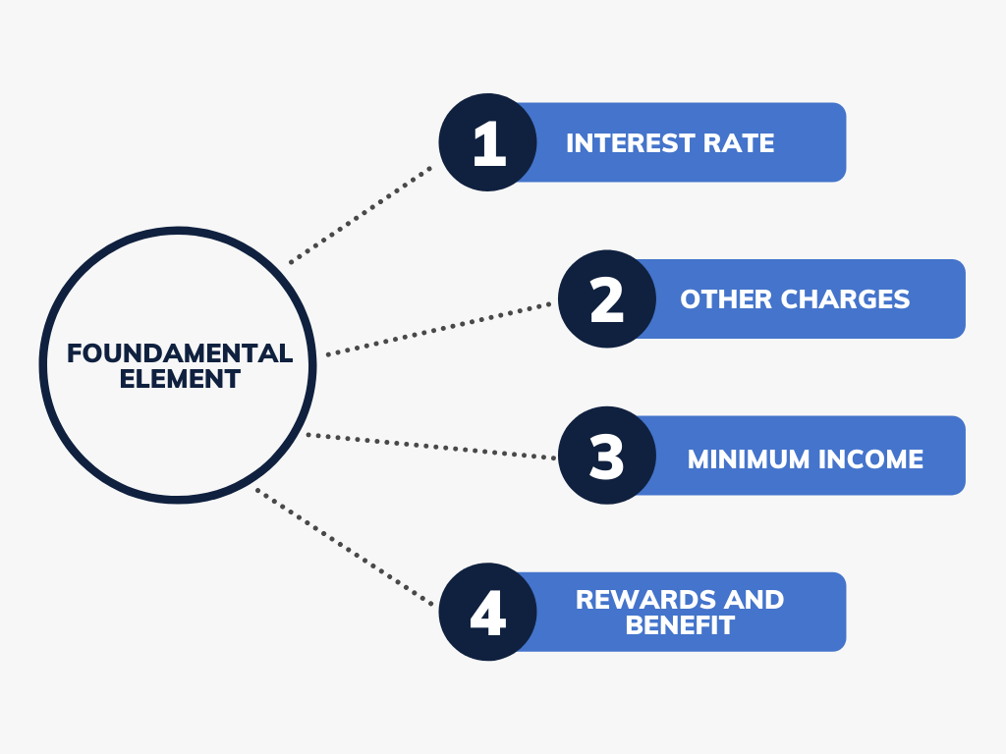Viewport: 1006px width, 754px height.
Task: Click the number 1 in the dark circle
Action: [489, 143]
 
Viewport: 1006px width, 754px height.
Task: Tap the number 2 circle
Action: [607, 298]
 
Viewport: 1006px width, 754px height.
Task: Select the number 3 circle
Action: [607, 456]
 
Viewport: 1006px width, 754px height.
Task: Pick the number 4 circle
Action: [487, 612]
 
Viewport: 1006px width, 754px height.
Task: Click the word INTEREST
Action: [630, 143]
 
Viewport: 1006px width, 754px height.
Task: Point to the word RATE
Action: [739, 143]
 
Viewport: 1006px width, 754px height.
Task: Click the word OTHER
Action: [726, 299]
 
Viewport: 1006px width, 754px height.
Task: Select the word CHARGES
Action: [846, 299]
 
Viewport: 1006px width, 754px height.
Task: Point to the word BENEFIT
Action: [680, 625]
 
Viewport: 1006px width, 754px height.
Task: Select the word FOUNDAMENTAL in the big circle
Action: [180, 353]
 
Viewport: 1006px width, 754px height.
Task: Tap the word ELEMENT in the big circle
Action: [180, 379]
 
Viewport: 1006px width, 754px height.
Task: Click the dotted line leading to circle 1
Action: [361, 215]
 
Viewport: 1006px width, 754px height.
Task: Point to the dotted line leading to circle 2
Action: [439, 329]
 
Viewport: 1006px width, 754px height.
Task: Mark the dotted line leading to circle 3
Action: [431, 447]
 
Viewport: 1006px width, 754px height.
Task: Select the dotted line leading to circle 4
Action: [345, 547]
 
